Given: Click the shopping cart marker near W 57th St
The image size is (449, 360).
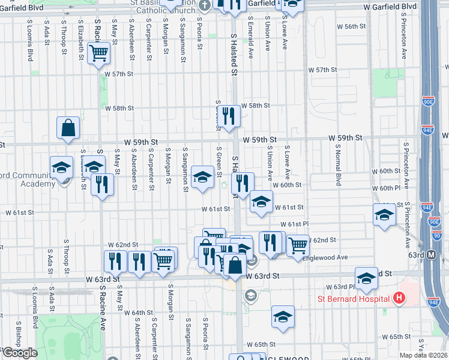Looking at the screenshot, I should coord(99,54).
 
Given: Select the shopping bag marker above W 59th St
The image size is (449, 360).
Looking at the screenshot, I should coord(68,128).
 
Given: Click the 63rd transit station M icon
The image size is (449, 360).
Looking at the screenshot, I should coord(432,255).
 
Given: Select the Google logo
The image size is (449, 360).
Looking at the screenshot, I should coord(19,353).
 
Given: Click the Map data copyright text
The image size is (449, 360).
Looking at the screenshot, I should coord(423,355).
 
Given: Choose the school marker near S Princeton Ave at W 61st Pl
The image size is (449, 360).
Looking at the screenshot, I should coord(384,215).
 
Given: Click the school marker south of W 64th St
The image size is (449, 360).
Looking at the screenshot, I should coord(283,317).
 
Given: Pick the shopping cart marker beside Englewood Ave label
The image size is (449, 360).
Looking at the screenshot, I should coord(298,245).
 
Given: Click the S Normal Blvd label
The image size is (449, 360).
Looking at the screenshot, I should coord(339,169).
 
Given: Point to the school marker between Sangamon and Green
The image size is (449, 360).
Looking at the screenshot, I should coord(202,178).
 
